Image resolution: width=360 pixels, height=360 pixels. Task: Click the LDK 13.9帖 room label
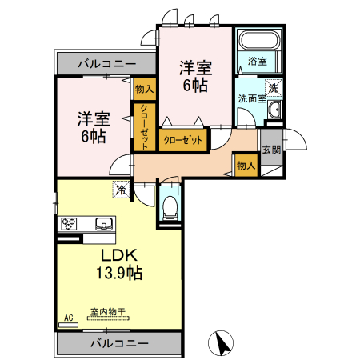tap(121, 264)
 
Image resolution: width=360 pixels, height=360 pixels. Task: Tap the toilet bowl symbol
tap(169, 208)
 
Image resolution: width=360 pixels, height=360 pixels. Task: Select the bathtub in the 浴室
tap(256, 40)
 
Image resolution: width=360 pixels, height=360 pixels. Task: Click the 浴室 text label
tap(256, 61)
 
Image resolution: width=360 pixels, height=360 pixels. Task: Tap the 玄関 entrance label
tap(271, 150)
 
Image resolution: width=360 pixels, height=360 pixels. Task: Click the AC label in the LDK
tap(68, 318)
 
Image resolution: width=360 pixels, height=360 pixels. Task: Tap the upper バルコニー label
tap(106, 63)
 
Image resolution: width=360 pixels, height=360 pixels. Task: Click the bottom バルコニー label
tap(118, 343)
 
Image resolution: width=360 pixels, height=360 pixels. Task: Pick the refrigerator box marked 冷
tap(120, 190)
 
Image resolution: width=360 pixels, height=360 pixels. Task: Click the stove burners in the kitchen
tap(69, 223)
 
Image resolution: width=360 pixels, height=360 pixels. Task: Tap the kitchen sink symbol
tap(103, 223)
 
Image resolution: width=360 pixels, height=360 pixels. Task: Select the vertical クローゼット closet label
tap(145, 126)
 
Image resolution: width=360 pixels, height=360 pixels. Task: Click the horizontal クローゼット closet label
tap(183, 140)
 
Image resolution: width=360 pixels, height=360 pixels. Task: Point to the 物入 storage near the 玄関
tap(246, 165)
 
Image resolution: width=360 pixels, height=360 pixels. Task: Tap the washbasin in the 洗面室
tap(274, 111)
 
